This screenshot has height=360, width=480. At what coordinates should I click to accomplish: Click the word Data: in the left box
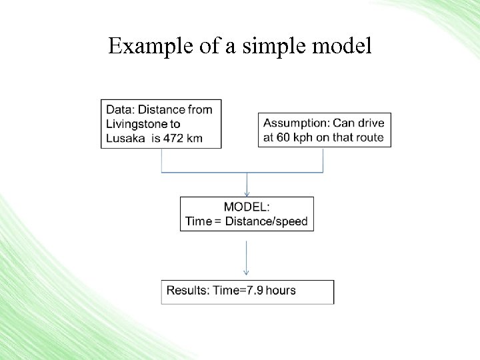tap(120, 109)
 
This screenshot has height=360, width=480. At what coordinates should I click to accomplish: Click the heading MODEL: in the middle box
tap(247, 207)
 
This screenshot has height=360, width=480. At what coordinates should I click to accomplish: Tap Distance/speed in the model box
tap(266, 221)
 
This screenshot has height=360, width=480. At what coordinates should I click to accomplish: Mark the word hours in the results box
tap(280, 290)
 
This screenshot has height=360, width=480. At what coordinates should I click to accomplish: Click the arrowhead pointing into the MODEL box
tap(247, 194)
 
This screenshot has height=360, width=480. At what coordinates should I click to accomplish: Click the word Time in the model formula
tap(198, 221)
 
